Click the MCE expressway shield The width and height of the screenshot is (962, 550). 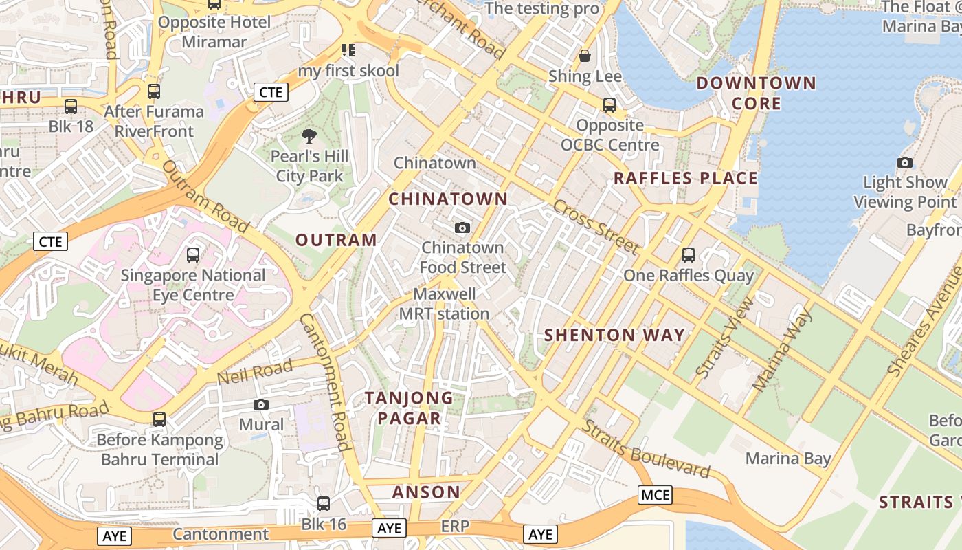[655, 495]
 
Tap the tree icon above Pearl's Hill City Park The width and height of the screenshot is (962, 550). [309, 136]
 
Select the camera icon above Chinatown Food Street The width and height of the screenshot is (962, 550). [462, 228]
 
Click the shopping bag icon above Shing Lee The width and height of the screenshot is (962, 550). [585, 56]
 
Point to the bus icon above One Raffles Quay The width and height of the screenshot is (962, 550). [689, 255]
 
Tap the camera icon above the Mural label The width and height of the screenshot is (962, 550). [261, 404]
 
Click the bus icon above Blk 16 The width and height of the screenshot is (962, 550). [323, 504]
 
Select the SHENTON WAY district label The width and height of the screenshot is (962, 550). [614, 335]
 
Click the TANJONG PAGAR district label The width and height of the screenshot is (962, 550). [410, 408]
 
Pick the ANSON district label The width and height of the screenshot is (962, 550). [426, 492]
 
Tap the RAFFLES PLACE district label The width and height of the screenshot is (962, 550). [685, 179]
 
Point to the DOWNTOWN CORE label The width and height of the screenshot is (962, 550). [756, 93]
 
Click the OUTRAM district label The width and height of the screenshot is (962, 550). [336, 240]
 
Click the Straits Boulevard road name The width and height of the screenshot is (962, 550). [646, 449]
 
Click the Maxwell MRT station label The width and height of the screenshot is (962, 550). [445, 304]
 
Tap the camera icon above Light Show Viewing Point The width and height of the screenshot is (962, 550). [905, 163]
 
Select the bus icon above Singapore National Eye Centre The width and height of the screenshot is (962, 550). [193, 255]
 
